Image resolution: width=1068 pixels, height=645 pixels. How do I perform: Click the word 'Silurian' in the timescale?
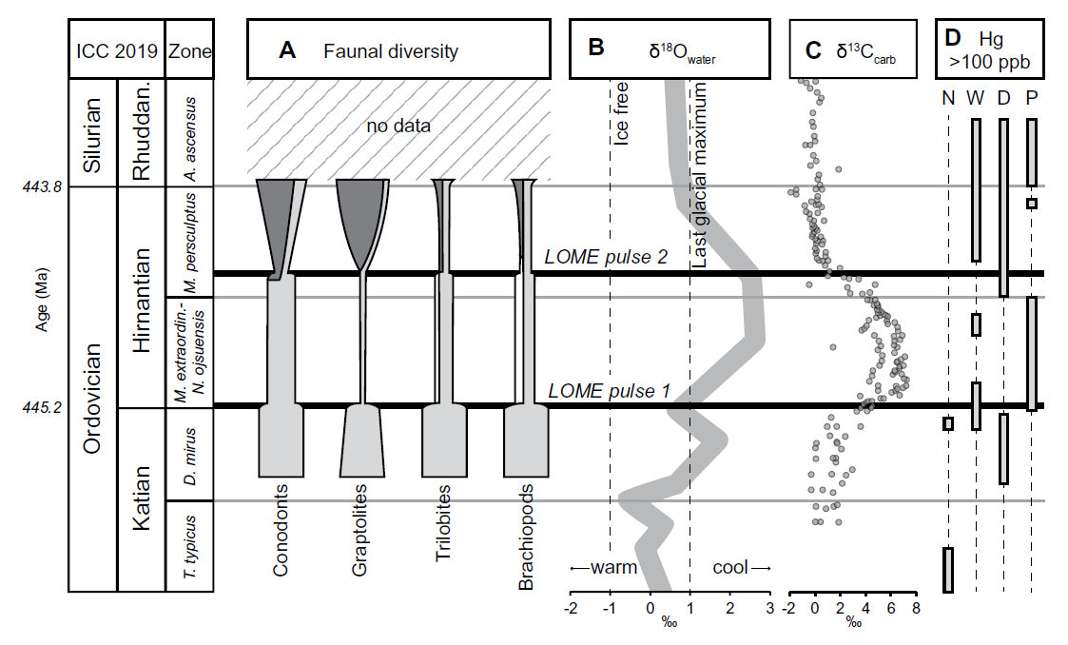92,132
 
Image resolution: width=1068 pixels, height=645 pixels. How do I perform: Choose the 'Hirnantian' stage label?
142,301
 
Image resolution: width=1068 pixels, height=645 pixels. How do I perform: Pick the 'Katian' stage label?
142,498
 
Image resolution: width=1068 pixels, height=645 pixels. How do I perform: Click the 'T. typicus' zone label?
189,546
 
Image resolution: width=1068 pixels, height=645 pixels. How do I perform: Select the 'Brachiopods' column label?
527,537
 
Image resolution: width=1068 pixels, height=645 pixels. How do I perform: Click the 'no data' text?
398,125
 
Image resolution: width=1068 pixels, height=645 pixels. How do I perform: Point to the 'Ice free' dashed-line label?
624,113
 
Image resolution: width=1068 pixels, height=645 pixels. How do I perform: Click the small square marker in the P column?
1032,203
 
